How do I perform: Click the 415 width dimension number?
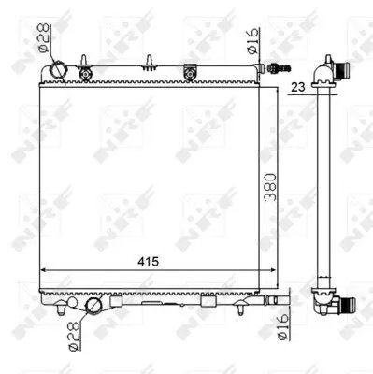[149, 262]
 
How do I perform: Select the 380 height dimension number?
[270, 187]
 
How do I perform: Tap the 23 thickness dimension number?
[297, 87]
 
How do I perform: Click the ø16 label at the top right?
[253, 41]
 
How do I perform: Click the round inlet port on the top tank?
[57, 68]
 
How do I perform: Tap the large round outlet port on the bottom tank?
[93, 306]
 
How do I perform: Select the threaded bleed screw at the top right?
[280, 67]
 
